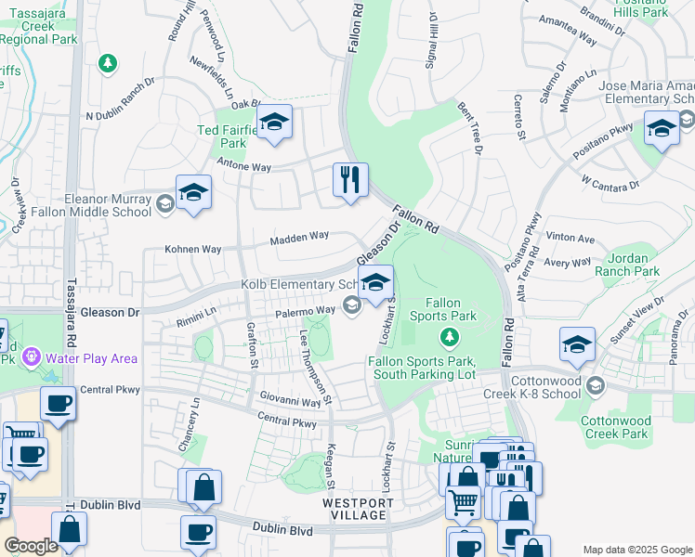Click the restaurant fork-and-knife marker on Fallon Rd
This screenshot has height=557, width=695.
tap(350, 178)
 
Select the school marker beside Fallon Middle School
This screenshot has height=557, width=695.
tap(193, 193)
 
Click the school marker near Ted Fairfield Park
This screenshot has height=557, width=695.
tap(274, 123)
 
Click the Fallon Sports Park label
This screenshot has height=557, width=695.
tap(451, 309)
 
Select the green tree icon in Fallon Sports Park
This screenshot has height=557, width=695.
tap(450, 334)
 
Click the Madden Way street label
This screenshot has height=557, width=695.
tap(299, 238)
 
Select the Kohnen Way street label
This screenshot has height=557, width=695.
tap(193, 249)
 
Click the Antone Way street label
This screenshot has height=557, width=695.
tap(243, 167)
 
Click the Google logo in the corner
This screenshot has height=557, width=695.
tap(31, 546)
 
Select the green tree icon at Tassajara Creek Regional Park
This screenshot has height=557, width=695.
tap(109, 63)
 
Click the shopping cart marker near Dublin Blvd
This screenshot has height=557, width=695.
tap(463, 503)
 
